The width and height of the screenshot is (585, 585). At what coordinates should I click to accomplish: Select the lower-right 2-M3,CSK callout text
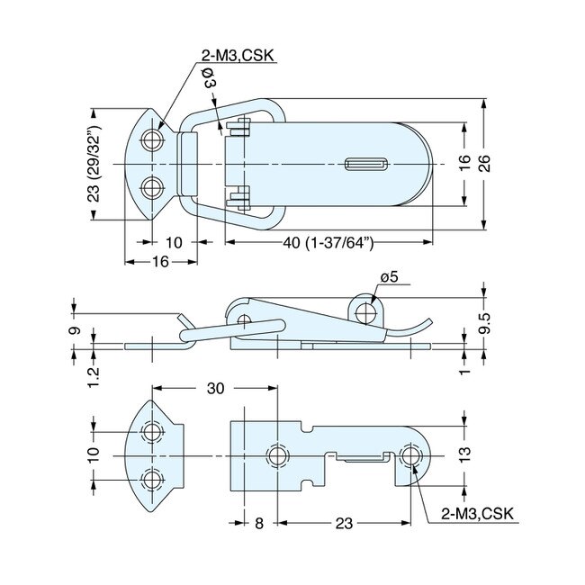point(476,514)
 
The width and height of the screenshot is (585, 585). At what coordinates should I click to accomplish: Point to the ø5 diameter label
point(388,277)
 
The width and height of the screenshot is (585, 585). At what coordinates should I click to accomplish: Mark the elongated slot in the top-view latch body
point(366,164)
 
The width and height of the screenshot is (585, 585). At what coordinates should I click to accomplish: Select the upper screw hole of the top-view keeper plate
point(155,140)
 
